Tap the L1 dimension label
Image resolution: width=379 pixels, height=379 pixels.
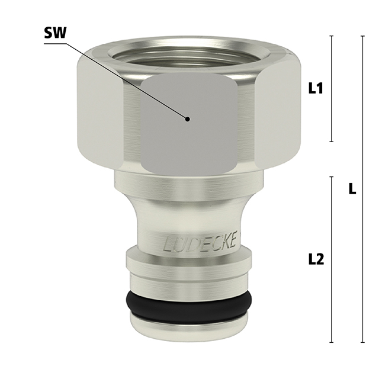pos(316,89)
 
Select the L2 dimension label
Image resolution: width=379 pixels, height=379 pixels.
pos(316,259)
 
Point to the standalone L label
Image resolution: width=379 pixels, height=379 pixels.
pos(352,189)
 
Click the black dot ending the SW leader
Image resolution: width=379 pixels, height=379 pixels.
pos(188,118)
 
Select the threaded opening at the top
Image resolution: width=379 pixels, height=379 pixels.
pos(189,53)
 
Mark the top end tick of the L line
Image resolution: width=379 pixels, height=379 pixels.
pos(363,36)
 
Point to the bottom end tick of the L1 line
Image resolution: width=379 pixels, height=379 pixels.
pos(331,142)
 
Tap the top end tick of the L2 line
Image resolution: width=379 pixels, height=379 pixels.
pos(331,176)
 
